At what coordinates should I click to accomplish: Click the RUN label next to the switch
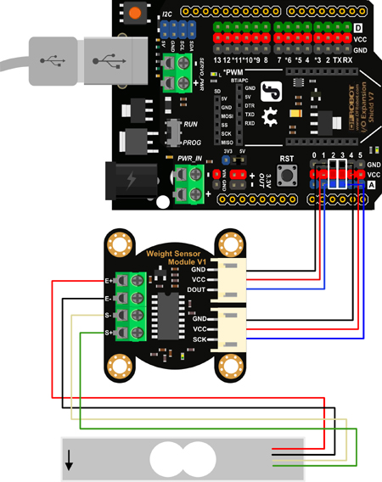coord(190,124)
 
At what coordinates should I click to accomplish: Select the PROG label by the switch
coord(192,143)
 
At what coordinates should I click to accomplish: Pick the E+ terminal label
coord(110,279)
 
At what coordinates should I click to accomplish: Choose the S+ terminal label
coord(110,333)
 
